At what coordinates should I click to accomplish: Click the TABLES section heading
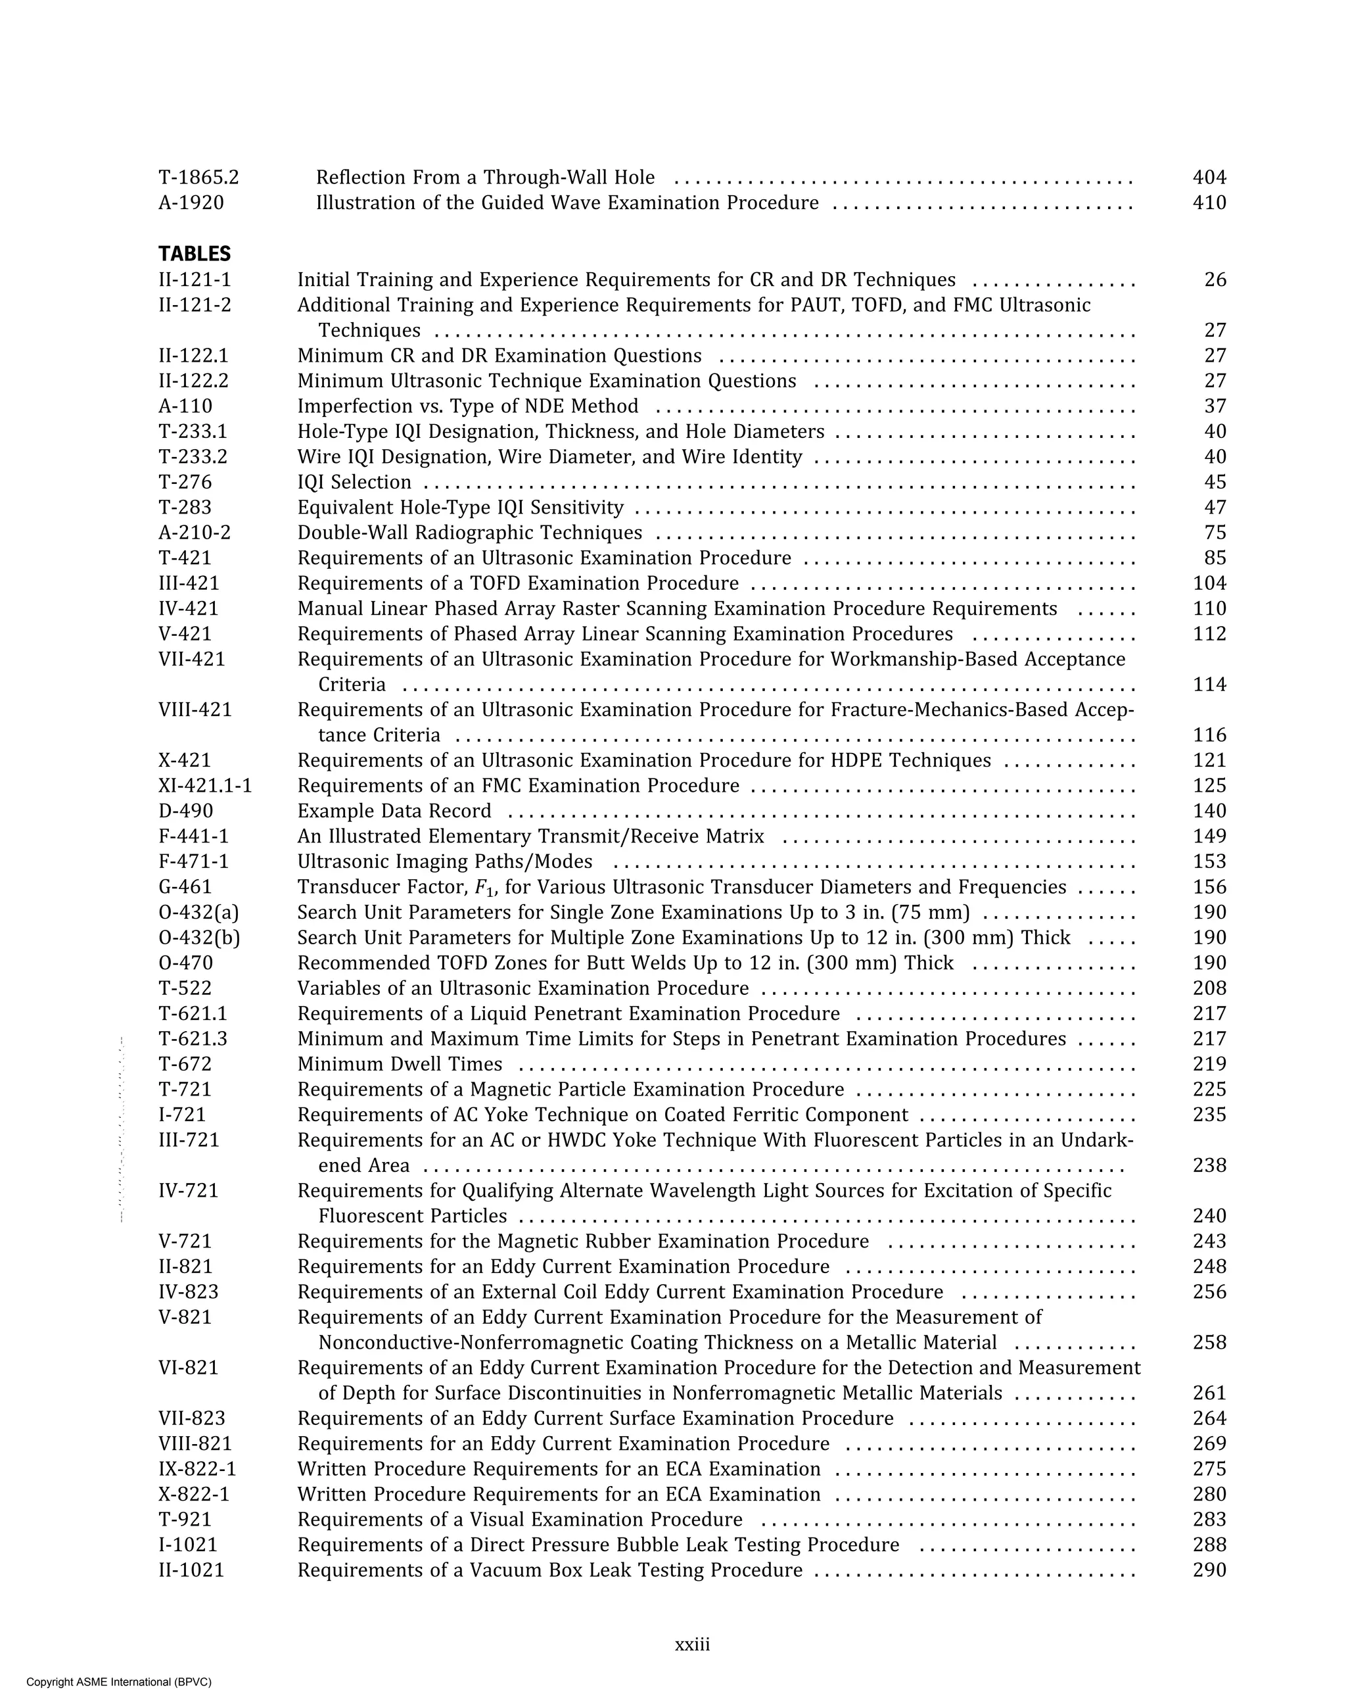[195, 254]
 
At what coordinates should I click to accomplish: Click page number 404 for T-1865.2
[1209, 178]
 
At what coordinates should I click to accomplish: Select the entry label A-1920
[191, 203]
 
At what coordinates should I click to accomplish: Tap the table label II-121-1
[195, 280]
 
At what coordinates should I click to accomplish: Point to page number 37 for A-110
[1215, 406]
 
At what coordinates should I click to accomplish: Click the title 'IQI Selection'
[354, 482]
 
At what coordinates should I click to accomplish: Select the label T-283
[185, 507]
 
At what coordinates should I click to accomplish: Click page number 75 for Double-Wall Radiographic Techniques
[1215, 533]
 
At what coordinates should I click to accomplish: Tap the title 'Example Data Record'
[394, 811]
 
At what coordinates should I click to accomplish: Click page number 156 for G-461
[1209, 886]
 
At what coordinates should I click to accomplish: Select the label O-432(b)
[199, 938]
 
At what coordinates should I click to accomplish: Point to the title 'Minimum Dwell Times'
[400, 1064]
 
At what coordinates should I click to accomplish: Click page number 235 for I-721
[1209, 1115]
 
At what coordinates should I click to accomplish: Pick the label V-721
[185, 1241]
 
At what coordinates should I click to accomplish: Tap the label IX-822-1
[197, 1469]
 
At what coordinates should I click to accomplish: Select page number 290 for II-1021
[1209, 1570]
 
